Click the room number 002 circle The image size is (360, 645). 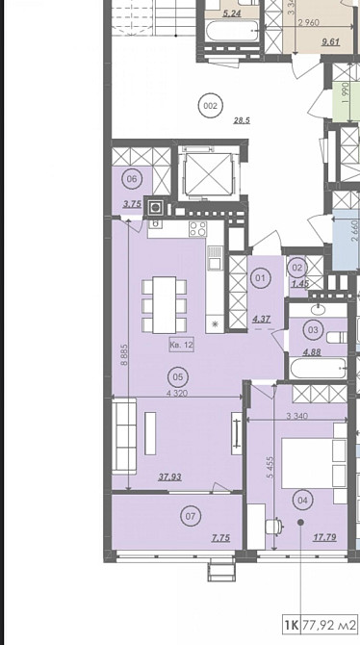pos(209,105)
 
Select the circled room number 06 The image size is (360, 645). pos(133,178)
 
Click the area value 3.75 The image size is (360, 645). pos(133,203)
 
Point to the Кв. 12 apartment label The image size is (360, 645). pos(181,344)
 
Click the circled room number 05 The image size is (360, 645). pos(176,378)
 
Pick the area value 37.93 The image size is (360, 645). pos(171,476)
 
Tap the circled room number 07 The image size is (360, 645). pos(190,517)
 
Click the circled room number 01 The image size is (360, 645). pos(260,279)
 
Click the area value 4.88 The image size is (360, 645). pos(312,352)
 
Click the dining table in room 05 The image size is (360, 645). pos(165,301)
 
